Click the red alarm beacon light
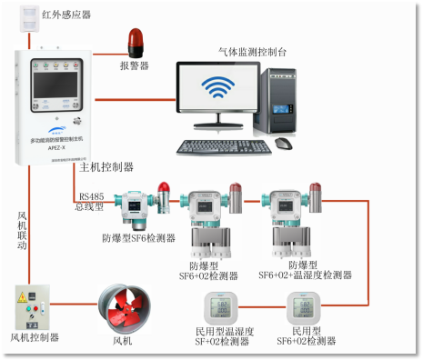point(135,42)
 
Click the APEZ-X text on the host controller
point(55,142)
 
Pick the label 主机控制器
point(106,167)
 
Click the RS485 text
point(91,195)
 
